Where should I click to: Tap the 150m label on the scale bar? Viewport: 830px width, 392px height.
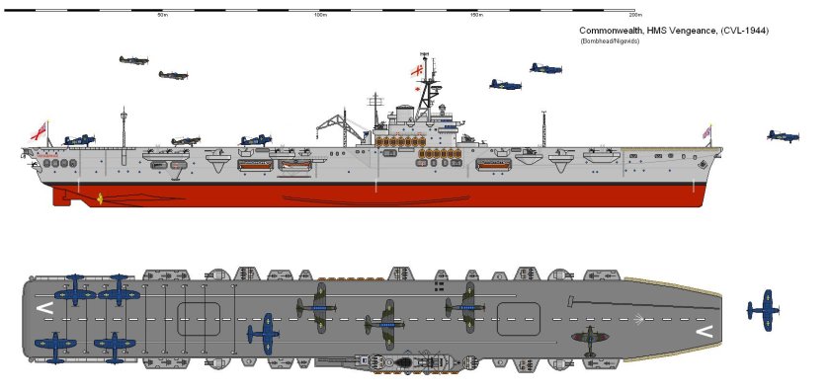(x=477, y=15)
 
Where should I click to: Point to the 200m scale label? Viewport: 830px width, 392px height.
(x=633, y=15)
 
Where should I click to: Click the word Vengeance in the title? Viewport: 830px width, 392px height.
(x=696, y=32)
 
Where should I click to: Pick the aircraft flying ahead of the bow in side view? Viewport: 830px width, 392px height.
(x=783, y=135)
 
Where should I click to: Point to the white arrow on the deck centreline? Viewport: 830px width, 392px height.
(x=643, y=318)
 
